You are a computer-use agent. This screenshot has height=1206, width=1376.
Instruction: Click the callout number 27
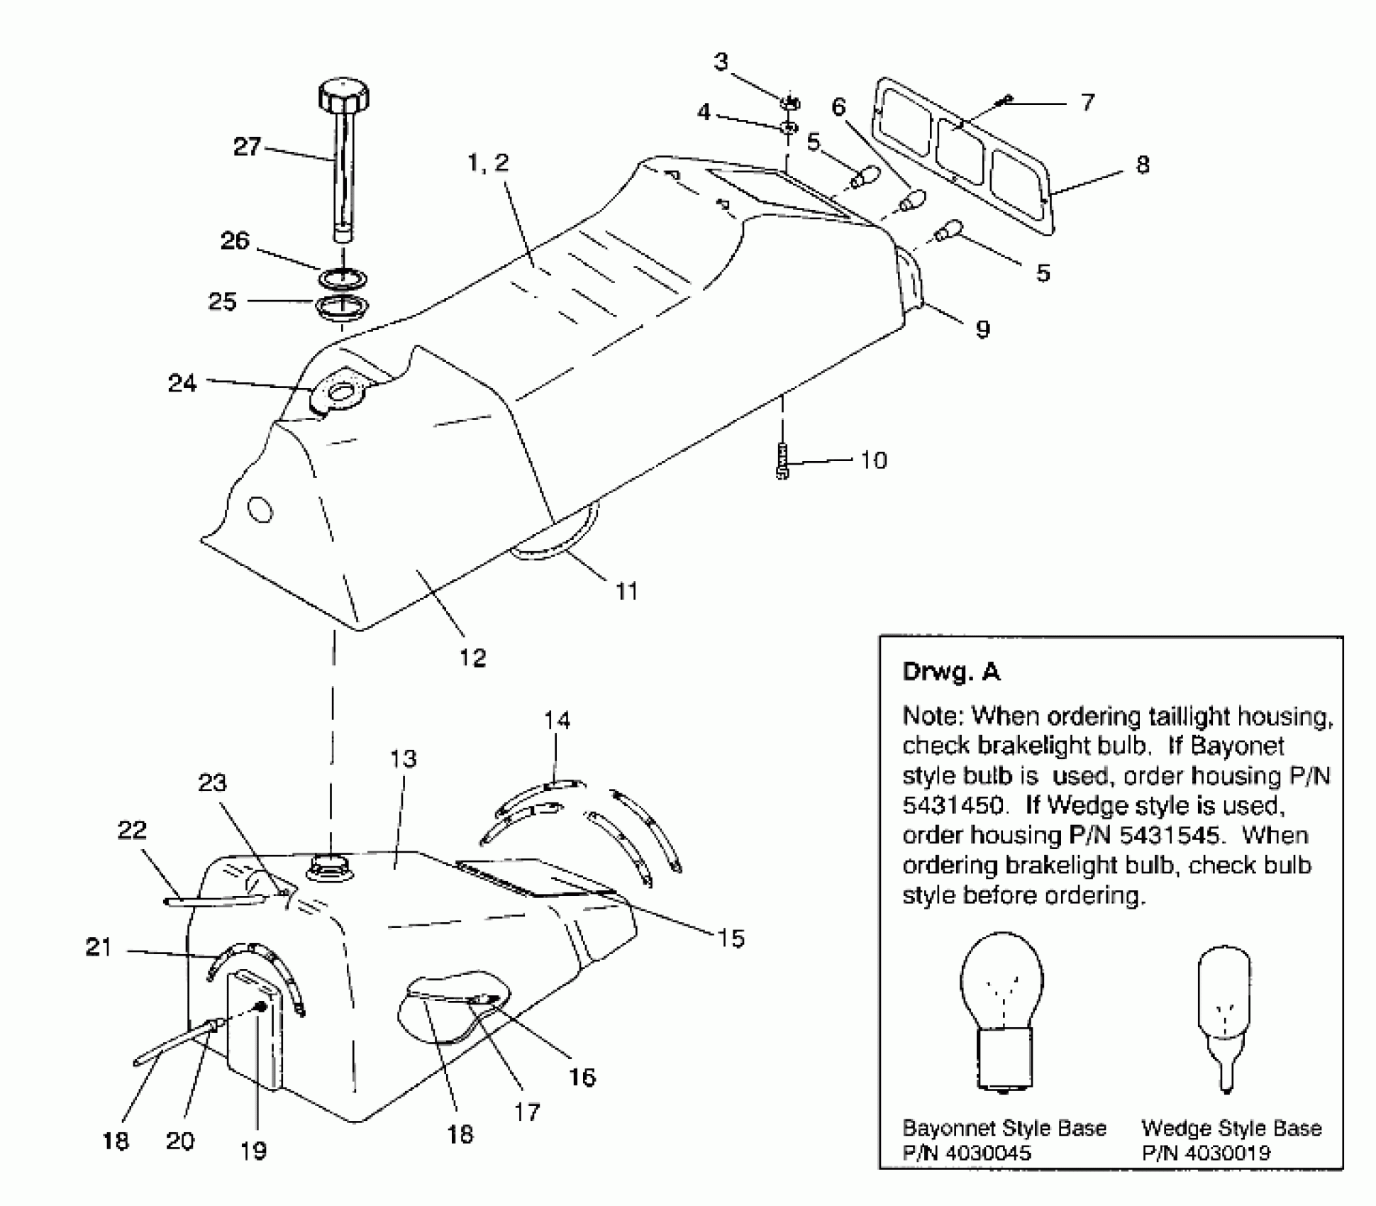click(247, 147)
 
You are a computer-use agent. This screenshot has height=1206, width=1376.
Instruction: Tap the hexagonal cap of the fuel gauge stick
click(344, 96)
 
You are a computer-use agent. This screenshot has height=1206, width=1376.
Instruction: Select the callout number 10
click(874, 460)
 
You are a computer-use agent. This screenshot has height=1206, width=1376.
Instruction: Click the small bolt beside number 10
click(783, 461)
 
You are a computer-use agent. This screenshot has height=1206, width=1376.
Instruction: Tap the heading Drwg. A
click(950, 671)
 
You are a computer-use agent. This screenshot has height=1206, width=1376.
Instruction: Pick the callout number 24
click(182, 384)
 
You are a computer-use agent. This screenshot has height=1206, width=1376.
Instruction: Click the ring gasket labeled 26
click(341, 277)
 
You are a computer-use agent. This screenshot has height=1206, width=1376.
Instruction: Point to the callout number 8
click(1143, 165)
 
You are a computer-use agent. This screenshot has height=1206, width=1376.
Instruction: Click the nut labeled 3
click(790, 104)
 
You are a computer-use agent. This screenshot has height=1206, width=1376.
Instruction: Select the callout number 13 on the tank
click(403, 758)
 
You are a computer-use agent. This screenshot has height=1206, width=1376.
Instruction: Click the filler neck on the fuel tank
click(330, 866)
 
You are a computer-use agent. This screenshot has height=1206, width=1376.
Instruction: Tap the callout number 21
click(99, 947)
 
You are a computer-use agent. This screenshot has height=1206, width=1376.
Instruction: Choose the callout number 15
click(731, 939)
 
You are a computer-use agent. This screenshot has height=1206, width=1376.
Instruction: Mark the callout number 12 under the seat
click(472, 658)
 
